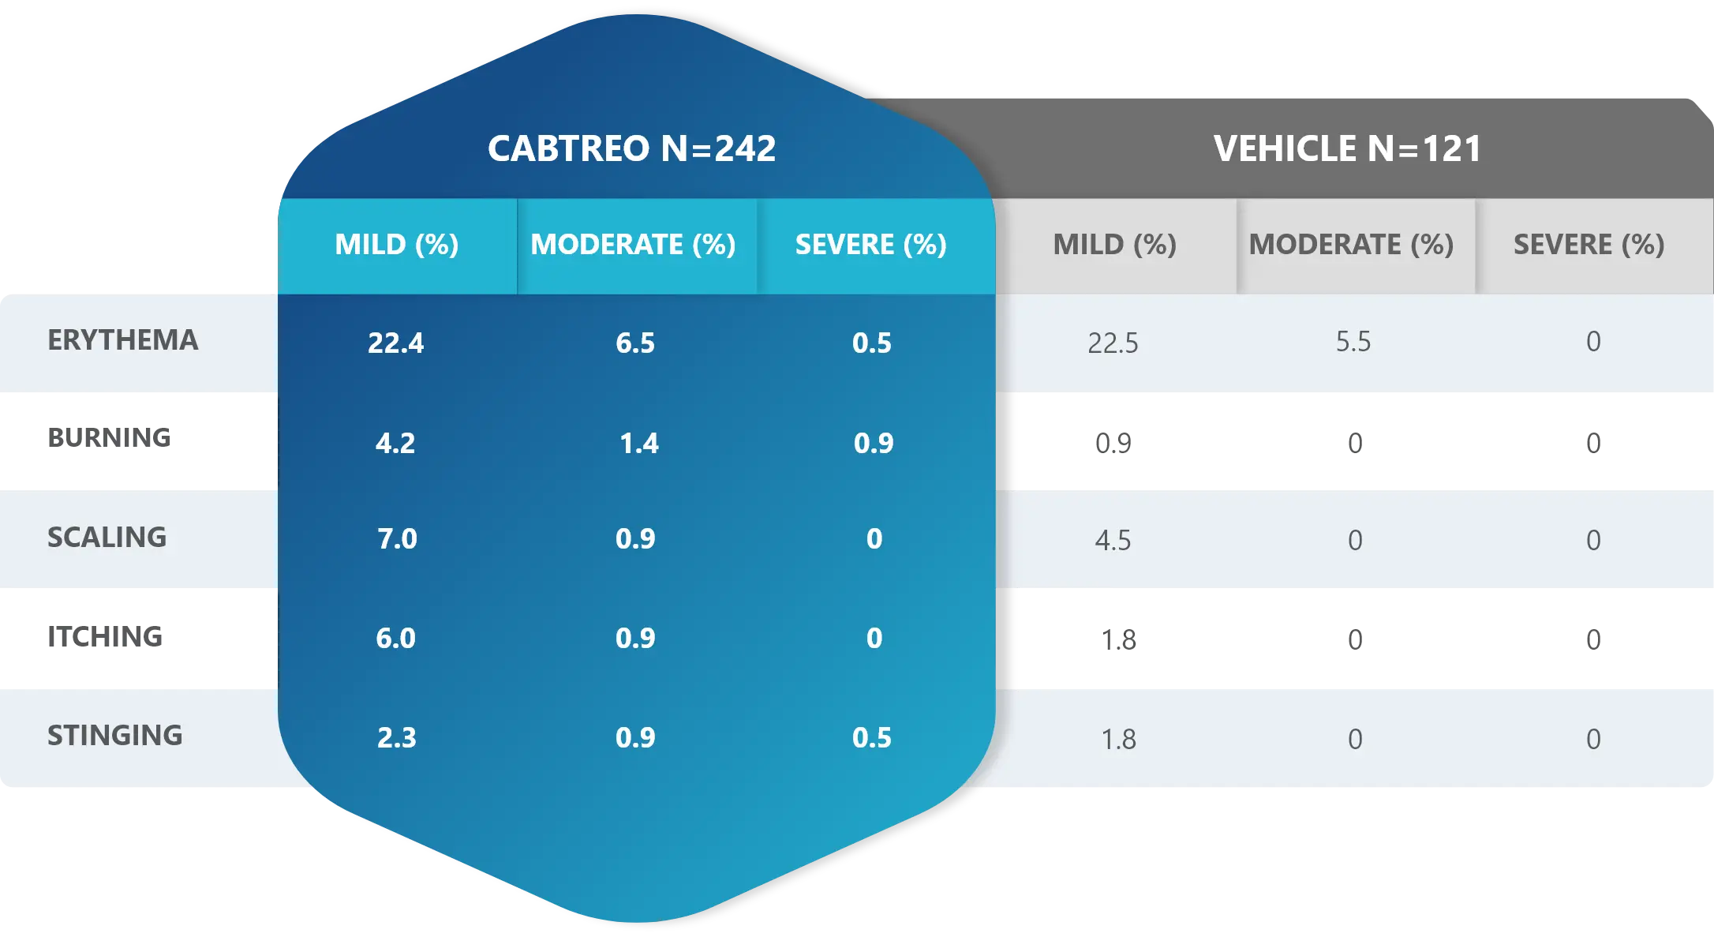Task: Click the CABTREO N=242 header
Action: pyautogui.click(x=631, y=148)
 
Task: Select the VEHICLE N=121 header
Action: pyautogui.click(x=1347, y=148)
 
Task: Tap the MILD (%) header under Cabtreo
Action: pyautogui.click(x=396, y=245)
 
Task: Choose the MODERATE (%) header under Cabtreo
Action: pyautogui.click(x=633, y=245)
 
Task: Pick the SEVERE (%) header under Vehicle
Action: pyautogui.click(x=1589, y=245)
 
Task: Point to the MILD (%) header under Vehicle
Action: pyautogui.click(x=1114, y=245)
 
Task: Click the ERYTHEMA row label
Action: pyautogui.click(x=122, y=340)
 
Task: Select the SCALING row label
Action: pyautogui.click(x=107, y=538)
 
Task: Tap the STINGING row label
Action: pyautogui.click(x=114, y=736)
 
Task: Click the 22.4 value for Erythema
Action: pyautogui.click(x=395, y=343)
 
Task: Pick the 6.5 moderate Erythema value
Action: pyautogui.click(x=635, y=343)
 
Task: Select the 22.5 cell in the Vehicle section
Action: pyautogui.click(x=1113, y=343)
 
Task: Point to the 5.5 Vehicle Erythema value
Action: pyautogui.click(x=1353, y=342)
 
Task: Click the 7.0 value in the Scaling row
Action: pyautogui.click(x=397, y=539)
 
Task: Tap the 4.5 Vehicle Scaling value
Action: pyautogui.click(x=1113, y=541)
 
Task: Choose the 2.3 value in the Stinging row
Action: pyautogui.click(x=396, y=738)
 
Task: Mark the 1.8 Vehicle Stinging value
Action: pyautogui.click(x=1118, y=740)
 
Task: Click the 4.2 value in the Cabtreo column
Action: pyautogui.click(x=395, y=444)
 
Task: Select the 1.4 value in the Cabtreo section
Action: pyautogui.click(x=638, y=444)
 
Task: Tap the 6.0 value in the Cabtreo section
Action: pyautogui.click(x=395, y=639)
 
